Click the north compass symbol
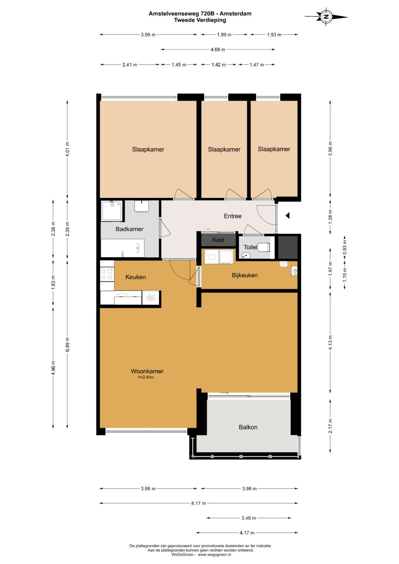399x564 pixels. (x=327, y=17)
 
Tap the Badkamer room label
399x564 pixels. (x=129, y=229)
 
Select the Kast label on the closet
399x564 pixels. (x=218, y=240)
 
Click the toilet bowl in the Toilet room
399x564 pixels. (x=263, y=247)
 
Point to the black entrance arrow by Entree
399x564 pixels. (x=287, y=216)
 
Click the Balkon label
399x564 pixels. (x=248, y=427)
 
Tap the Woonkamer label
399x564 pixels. (x=147, y=371)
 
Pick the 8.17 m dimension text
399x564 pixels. (x=198, y=503)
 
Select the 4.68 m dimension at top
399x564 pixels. (x=218, y=49)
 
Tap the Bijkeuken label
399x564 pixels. (x=245, y=275)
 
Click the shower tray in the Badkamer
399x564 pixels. (x=112, y=211)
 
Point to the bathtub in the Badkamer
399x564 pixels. (x=123, y=248)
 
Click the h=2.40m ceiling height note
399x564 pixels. (x=146, y=377)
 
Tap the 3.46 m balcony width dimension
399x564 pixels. (x=249, y=518)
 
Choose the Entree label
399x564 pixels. (x=233, y=216)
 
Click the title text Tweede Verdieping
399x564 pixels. (x=200, y=20)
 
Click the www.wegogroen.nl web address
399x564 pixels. (x=214, y=554)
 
